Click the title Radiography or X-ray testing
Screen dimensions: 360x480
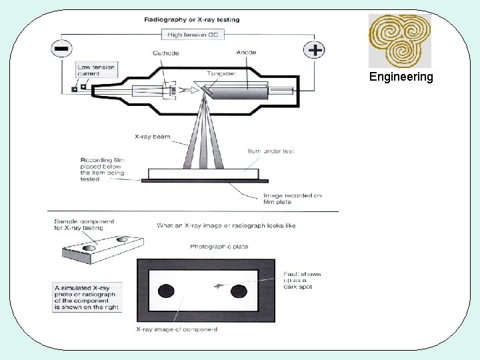pos(192,19)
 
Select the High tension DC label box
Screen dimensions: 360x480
pos(192,35)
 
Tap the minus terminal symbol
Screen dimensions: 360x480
pos(61,49)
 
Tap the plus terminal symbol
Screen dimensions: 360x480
pos(314,49)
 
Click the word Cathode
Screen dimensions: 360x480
pos(165,53)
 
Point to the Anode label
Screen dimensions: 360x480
pos(246,53)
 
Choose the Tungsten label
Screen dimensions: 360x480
pos(219,73)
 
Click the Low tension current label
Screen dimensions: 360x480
pos(96,70)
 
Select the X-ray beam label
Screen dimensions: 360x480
pos(152,137)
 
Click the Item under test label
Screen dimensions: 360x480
pos(271,151)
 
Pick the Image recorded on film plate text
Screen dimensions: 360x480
pos(293,199)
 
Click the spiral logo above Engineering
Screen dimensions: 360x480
pos(400,40)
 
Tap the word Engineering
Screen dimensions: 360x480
pos(401,77)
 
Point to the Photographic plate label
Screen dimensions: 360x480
pos(219,247)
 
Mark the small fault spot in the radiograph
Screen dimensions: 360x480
pos(217,286)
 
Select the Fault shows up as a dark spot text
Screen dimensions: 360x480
pos(301,280)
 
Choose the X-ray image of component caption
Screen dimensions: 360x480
pos(177,329)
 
